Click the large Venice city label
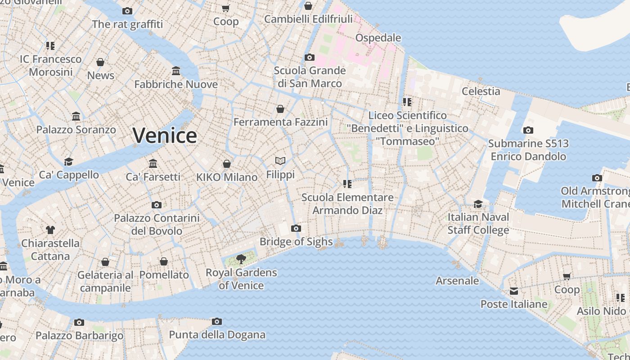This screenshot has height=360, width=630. pos(165,135)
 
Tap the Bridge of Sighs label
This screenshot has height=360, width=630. pos(296,242)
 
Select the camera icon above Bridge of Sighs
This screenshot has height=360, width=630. pos(296,228)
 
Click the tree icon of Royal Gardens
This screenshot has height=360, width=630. pos(241,259)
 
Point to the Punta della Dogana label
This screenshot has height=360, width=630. pos(217,335)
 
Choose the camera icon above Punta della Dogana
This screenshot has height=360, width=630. pos(217,321)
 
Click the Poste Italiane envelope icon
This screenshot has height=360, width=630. pos(514,291)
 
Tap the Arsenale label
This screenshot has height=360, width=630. pos(457,281)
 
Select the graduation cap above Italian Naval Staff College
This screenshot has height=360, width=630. pos(478,204)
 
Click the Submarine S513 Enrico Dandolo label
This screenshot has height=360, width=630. pos(528,150)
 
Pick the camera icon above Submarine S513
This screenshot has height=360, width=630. pos(528,130)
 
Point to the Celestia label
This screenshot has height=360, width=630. pos(481,91)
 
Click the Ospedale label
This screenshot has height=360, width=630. pos(378,38)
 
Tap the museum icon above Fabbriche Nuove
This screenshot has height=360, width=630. pos(176,71)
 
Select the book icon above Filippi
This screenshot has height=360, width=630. pos(280,161)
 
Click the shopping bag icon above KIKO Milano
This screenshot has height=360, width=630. pos(227,164)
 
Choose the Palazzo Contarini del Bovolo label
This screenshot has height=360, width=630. pos(157,225)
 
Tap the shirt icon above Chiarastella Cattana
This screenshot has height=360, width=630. pos(50,230)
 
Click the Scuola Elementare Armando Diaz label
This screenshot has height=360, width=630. pos(347,204)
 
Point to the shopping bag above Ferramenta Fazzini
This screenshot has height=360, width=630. pos(280,109)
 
